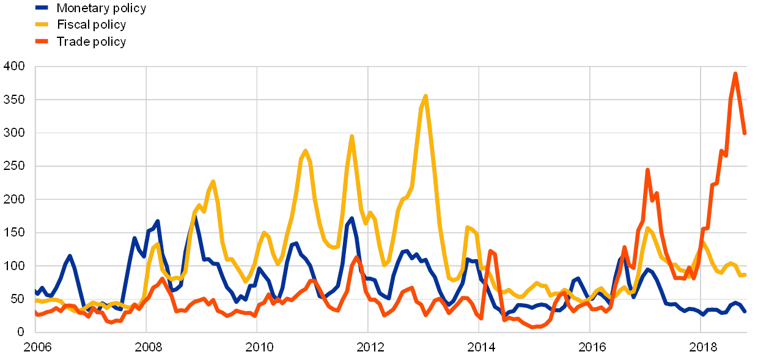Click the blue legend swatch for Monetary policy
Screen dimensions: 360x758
(42, 8)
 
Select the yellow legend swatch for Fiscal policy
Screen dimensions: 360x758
(42, 25)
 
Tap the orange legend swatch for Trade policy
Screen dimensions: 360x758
(42, 42)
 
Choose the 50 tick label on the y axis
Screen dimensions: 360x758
(17, 299)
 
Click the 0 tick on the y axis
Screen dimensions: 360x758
(20, 332)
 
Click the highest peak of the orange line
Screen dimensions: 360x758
(735, 73)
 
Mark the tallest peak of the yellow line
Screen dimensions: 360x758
(425, 95)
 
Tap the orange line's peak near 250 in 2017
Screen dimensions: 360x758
(647, 170)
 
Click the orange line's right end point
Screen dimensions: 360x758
(745, 133)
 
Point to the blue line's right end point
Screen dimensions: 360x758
(745, 312)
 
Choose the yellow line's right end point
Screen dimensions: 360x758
(745, 274)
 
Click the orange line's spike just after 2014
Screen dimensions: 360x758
(490, 251)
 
